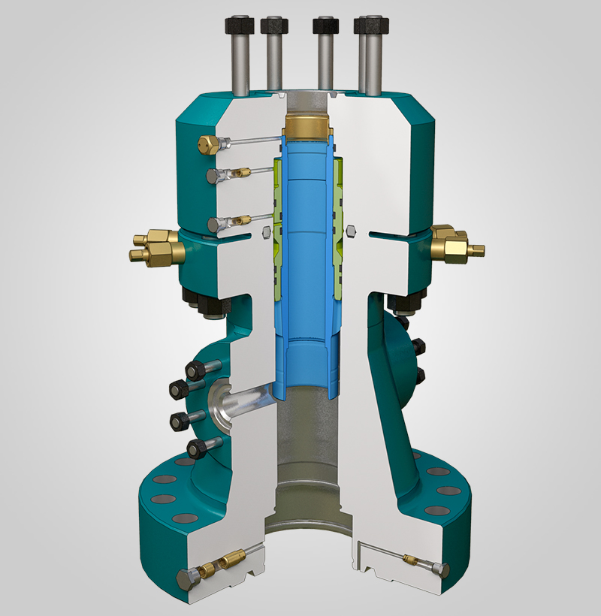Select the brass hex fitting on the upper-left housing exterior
point(207,143)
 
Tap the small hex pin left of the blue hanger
point(263,234)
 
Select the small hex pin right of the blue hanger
point(351,229)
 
